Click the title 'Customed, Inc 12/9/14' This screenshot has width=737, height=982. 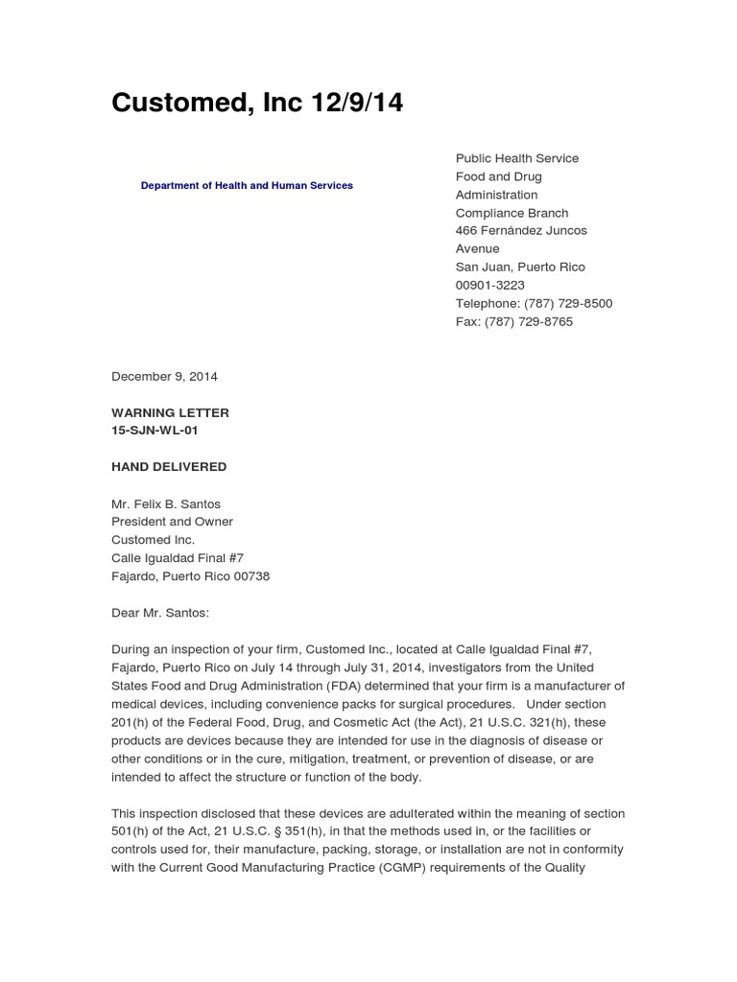pyautogui.click(x=257, y=104)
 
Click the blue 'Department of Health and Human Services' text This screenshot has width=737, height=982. pyautogui.click(x=247, y=185)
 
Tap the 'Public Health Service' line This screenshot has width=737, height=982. pyautogui.click(x=516, y=158)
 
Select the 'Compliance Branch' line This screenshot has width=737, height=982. pyautogui.click(x=511, y=213)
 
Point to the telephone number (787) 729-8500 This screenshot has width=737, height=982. pyautogui.click(x=568, y=303)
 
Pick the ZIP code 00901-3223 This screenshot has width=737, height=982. pyautogui.click(x=489, y=285)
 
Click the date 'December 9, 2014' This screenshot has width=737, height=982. pyautogui.click(x=164, y=376)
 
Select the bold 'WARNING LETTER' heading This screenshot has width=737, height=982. pyautogui.click(x=170, y=412)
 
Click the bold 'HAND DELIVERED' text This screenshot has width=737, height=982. pyautogui.click(x=169, y=467)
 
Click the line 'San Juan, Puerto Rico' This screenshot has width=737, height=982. pyautogui.click(x=519, y=267)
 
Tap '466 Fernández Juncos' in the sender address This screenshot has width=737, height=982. pyautogui.click(x=521, y=230)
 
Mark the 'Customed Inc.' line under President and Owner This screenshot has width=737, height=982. pyautogui.click(x=153, y=540)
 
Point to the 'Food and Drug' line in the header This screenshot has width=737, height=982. pyautogui.click(x=498, y=176)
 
